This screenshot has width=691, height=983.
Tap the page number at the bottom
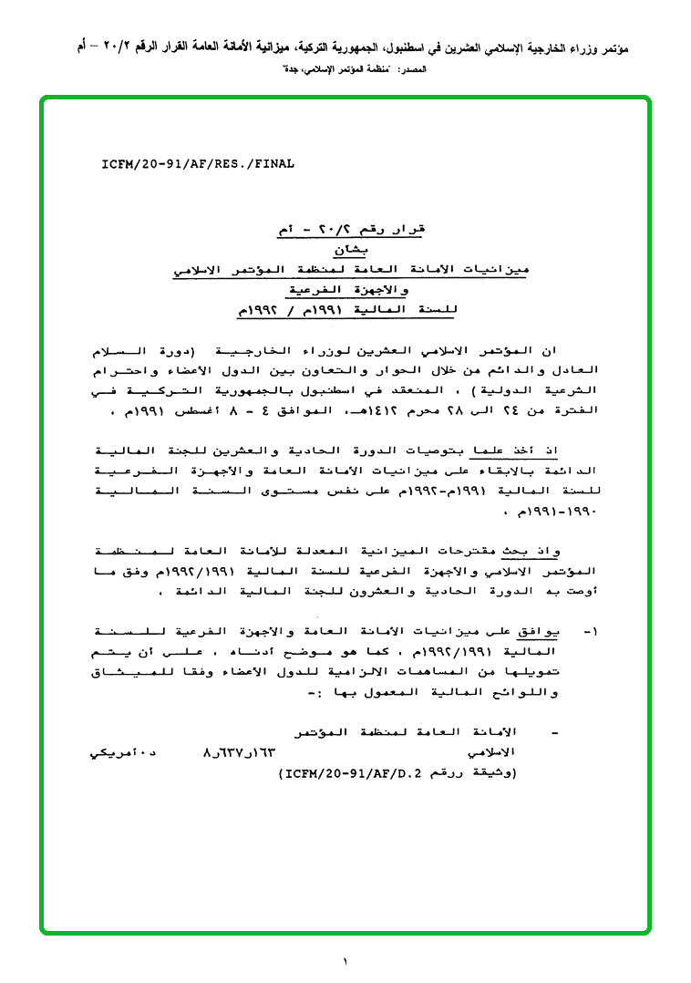point(345,960)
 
